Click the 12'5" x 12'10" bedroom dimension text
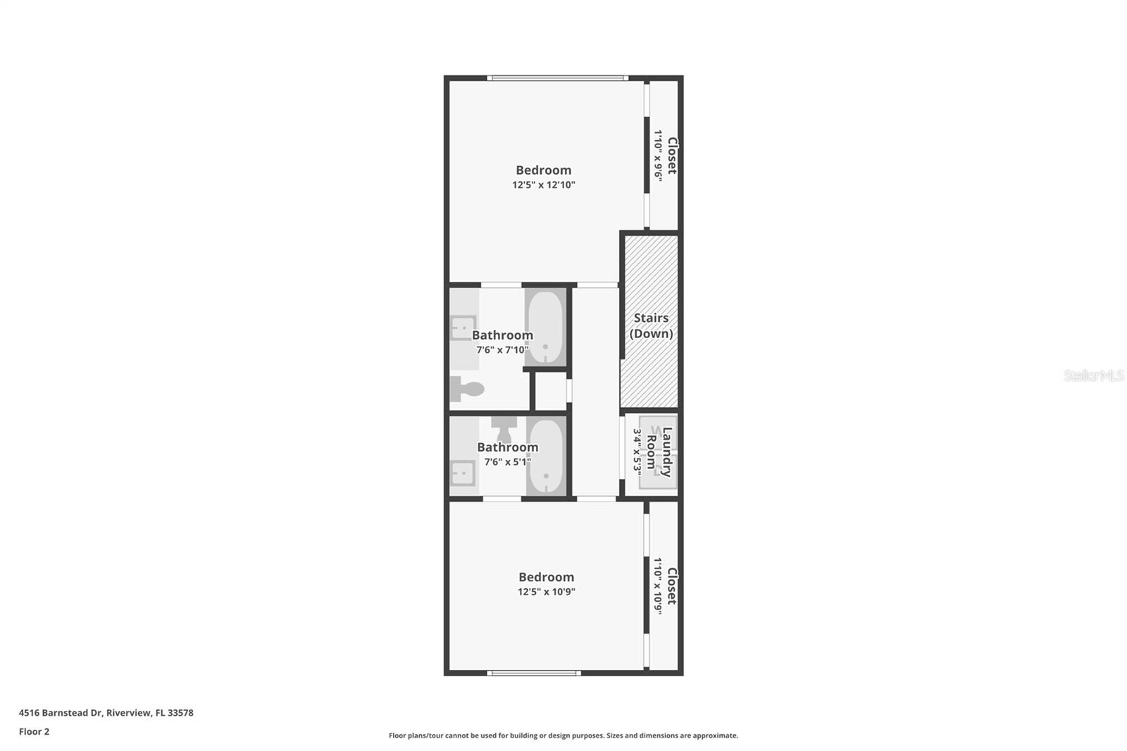pos(543,185)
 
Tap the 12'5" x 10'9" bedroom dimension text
pos(546,592)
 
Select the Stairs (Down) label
pos(651,325)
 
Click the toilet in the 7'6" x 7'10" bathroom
pos(467,387)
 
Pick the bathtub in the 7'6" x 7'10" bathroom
pos(545,328)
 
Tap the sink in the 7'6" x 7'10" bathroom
pos(463,328)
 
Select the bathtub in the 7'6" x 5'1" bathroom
pos(545,457)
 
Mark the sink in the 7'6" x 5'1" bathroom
pos(463,474)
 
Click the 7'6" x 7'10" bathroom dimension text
pos(502,349)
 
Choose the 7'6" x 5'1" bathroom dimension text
pos(507,462)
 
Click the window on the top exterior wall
pos(557,77)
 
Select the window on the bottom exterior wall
pos(534,673)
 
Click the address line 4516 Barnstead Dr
pos(106,712)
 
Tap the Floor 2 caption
pos(34,731)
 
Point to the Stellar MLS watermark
pos(1093,375)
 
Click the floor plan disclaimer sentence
pos(563,736)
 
